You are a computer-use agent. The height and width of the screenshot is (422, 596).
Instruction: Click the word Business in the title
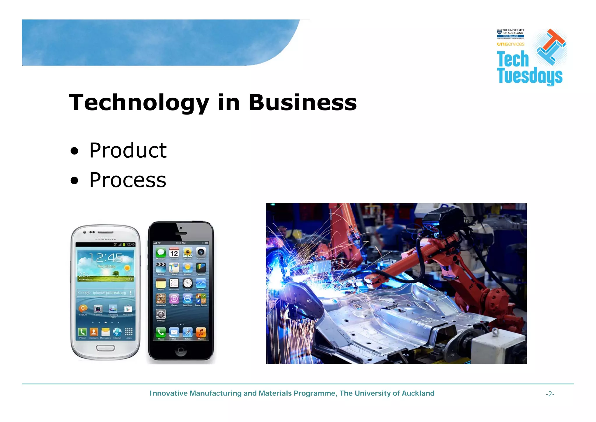point(303,103)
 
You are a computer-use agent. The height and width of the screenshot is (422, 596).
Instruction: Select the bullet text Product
point(128,150)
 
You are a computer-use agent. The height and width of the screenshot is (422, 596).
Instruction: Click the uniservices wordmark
point(510,44)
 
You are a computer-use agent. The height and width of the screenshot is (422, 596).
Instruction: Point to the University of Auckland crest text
point(510,34)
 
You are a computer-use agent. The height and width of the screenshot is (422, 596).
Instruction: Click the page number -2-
point(550,394)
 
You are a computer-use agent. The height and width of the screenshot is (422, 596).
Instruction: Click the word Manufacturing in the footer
point(216,393)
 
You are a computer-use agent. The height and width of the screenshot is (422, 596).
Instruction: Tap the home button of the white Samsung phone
point(105,348)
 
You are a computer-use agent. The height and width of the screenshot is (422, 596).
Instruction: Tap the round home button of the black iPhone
point(181,350)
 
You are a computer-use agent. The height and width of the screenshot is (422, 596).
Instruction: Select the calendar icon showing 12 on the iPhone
point(174,252)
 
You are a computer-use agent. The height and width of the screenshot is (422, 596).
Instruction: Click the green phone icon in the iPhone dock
point(161,332)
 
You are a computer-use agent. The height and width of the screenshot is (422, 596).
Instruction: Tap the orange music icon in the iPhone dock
point(201,332)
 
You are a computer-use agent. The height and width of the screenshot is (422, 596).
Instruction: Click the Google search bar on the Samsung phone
point(106,293)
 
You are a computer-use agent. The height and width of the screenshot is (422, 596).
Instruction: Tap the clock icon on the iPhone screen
point(188,283)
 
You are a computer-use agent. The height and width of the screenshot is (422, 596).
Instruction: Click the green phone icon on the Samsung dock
point(82,332)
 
